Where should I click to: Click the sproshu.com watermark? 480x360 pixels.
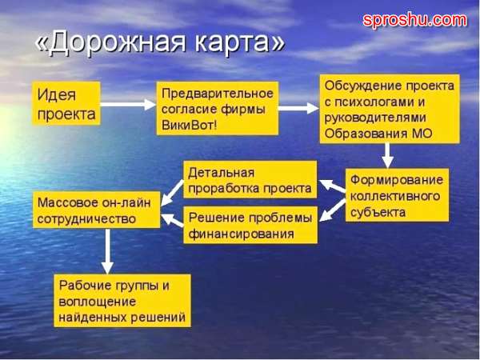(414, 20)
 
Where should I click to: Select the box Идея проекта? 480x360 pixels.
(66, 103)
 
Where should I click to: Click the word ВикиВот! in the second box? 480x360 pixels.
(189, 126)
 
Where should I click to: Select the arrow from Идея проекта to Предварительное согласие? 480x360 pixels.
(128, 104)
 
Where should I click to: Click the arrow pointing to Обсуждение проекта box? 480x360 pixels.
(298, 108)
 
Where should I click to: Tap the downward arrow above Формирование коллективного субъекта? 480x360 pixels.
(387, 155)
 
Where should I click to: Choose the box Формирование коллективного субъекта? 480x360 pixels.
(398, 194)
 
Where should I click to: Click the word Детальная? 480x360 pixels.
(221, 173)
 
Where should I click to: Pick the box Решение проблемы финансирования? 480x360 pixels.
(250, 225)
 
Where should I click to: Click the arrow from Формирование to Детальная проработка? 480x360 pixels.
(333, 186)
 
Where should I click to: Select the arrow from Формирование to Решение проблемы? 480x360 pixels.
(333, 210)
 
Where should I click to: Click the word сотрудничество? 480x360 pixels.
(86, 219)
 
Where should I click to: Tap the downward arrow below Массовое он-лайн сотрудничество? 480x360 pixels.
(107, 251)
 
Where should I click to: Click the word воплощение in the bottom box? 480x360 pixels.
(97, 302)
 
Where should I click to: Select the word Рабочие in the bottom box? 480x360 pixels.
(85, 286)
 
